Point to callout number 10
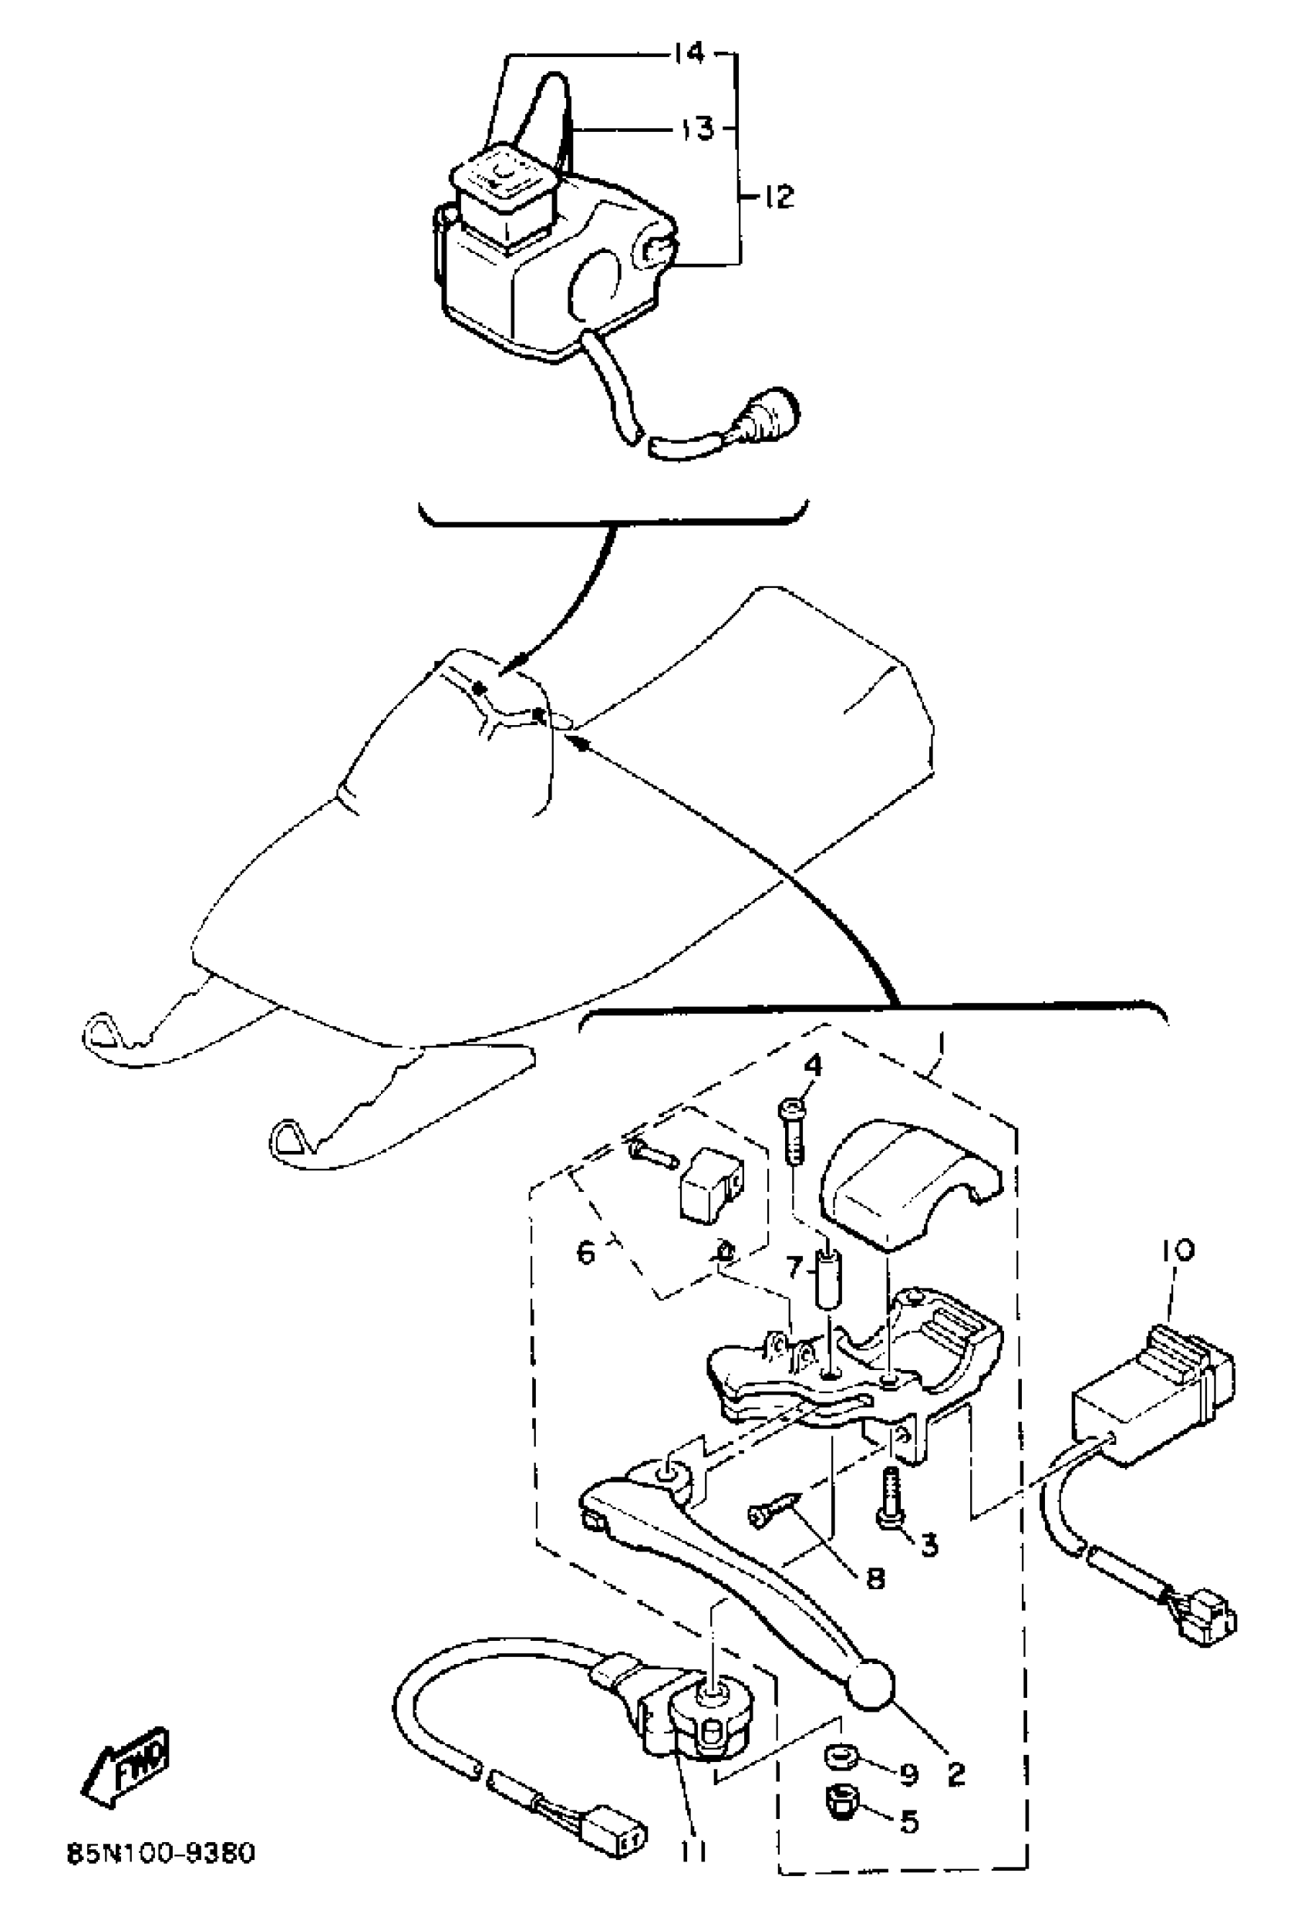pos(1178,1251)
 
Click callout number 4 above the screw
pos(812,1066)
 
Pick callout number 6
pos(585,1254)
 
